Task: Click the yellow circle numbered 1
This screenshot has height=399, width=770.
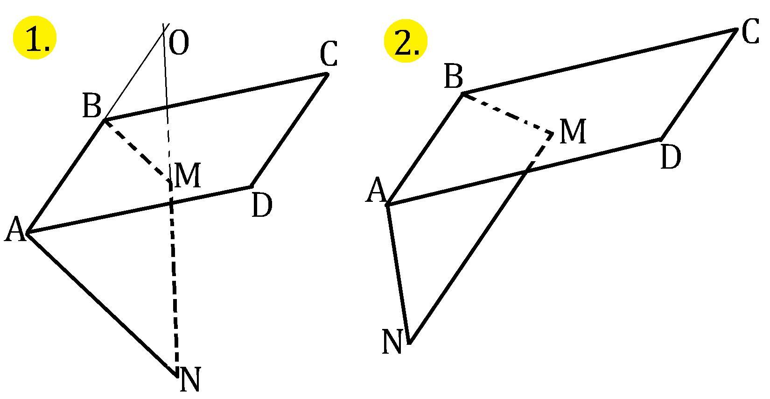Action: click(35, 39)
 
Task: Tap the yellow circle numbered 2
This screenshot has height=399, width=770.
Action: click(405, 40)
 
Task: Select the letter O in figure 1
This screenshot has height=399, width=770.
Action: click(179, 43)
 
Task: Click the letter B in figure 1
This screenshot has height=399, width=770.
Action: click(91, 106)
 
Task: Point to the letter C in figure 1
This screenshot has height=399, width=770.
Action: click(329, 55)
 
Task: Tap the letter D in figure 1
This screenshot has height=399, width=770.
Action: click(261, 206)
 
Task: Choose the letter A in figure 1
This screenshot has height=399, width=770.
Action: click(15, 230)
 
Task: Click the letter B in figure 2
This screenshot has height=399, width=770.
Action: click(453, 76)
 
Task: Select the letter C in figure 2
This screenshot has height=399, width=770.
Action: click(750, 34)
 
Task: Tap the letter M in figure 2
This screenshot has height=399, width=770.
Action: click(572, 132)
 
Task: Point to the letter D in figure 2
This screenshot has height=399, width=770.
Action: click(671, 157)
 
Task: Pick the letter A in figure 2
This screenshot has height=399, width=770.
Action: click(376, 192)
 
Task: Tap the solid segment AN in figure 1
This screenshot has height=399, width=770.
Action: click(102, 303)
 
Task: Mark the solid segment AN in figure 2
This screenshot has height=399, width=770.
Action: click(398, 273)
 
